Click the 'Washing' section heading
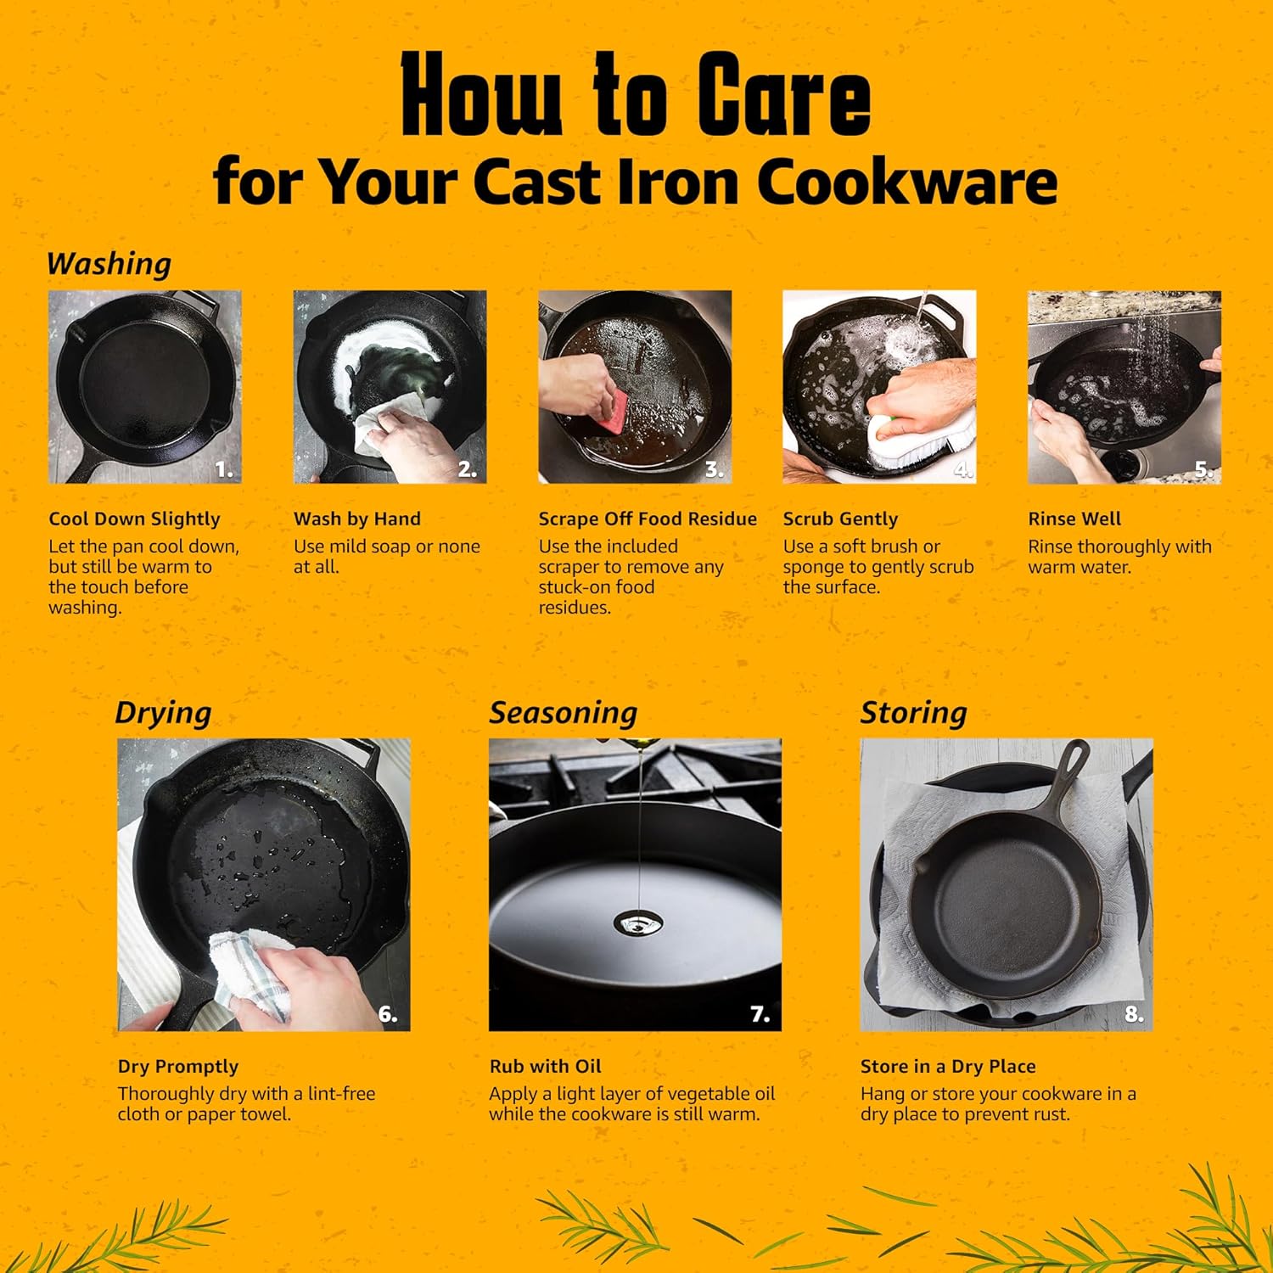coord(109,264)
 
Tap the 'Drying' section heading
coord(163,713)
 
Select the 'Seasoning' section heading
coord(564,713)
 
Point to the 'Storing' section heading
coord(914,713)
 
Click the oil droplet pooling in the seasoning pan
coord(632,921)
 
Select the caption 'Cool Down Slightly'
coord(134,519)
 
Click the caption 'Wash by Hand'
coord(357,519)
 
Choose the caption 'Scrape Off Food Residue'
coord(648,519)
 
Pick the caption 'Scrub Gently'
coord(840,519)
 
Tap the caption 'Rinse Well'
coord(1074,519)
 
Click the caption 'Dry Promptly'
coord(178,1067)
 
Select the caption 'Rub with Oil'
coord(545,1067)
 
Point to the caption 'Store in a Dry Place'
coord(948,1067)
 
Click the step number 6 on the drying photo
coord(388,1013)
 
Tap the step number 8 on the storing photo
coord(1134,1013)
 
